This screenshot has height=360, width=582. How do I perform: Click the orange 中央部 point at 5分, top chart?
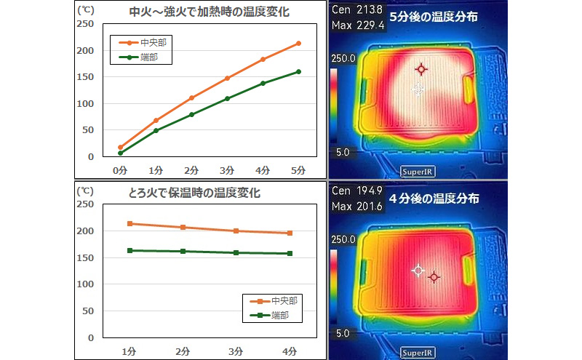pos(298,44)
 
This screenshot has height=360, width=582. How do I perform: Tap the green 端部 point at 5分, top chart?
pos(298,71)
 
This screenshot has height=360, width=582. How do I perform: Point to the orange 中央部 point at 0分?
pos(120,147)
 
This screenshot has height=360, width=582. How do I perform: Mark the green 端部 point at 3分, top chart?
pos(227,98)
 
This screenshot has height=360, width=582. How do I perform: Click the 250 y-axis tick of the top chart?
pos(85,24)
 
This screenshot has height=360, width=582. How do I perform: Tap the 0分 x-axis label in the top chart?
pos(120,169)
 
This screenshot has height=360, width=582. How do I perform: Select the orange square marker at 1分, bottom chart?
pos(129,224)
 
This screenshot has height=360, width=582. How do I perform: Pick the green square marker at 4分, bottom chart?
pos(290,254)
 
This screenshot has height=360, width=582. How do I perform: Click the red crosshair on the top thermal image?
pos(420,69)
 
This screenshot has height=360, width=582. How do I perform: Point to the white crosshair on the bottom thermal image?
pos(418,271)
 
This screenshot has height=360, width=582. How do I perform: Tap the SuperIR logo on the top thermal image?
pos(419,172)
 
